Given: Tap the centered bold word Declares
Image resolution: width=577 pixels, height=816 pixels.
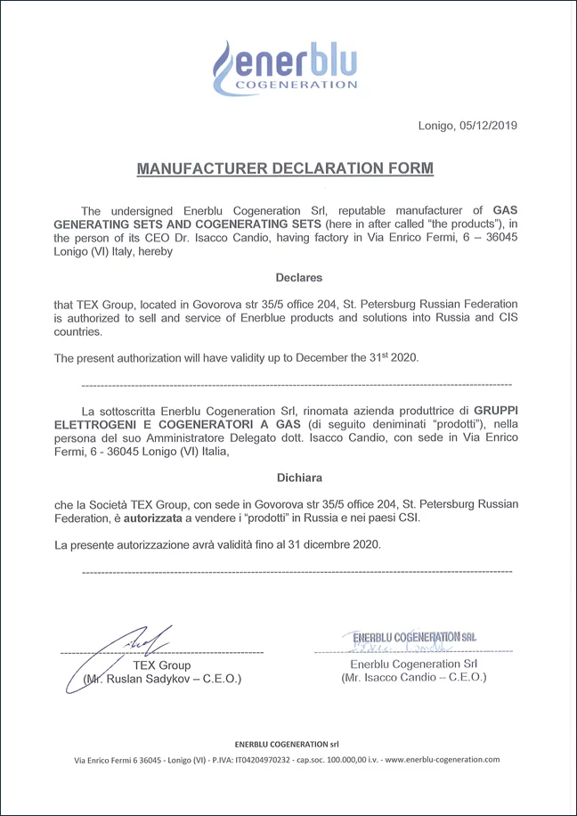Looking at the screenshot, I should pos(298,277).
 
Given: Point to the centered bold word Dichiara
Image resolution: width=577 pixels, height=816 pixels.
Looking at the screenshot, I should pos(298,477).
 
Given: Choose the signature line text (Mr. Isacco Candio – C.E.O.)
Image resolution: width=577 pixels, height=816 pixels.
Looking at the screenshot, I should pos(414,678).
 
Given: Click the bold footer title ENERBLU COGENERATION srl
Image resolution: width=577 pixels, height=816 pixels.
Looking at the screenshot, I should pos(287,743).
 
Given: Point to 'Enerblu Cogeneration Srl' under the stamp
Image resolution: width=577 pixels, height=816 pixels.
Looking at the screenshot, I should pos(414,664).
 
